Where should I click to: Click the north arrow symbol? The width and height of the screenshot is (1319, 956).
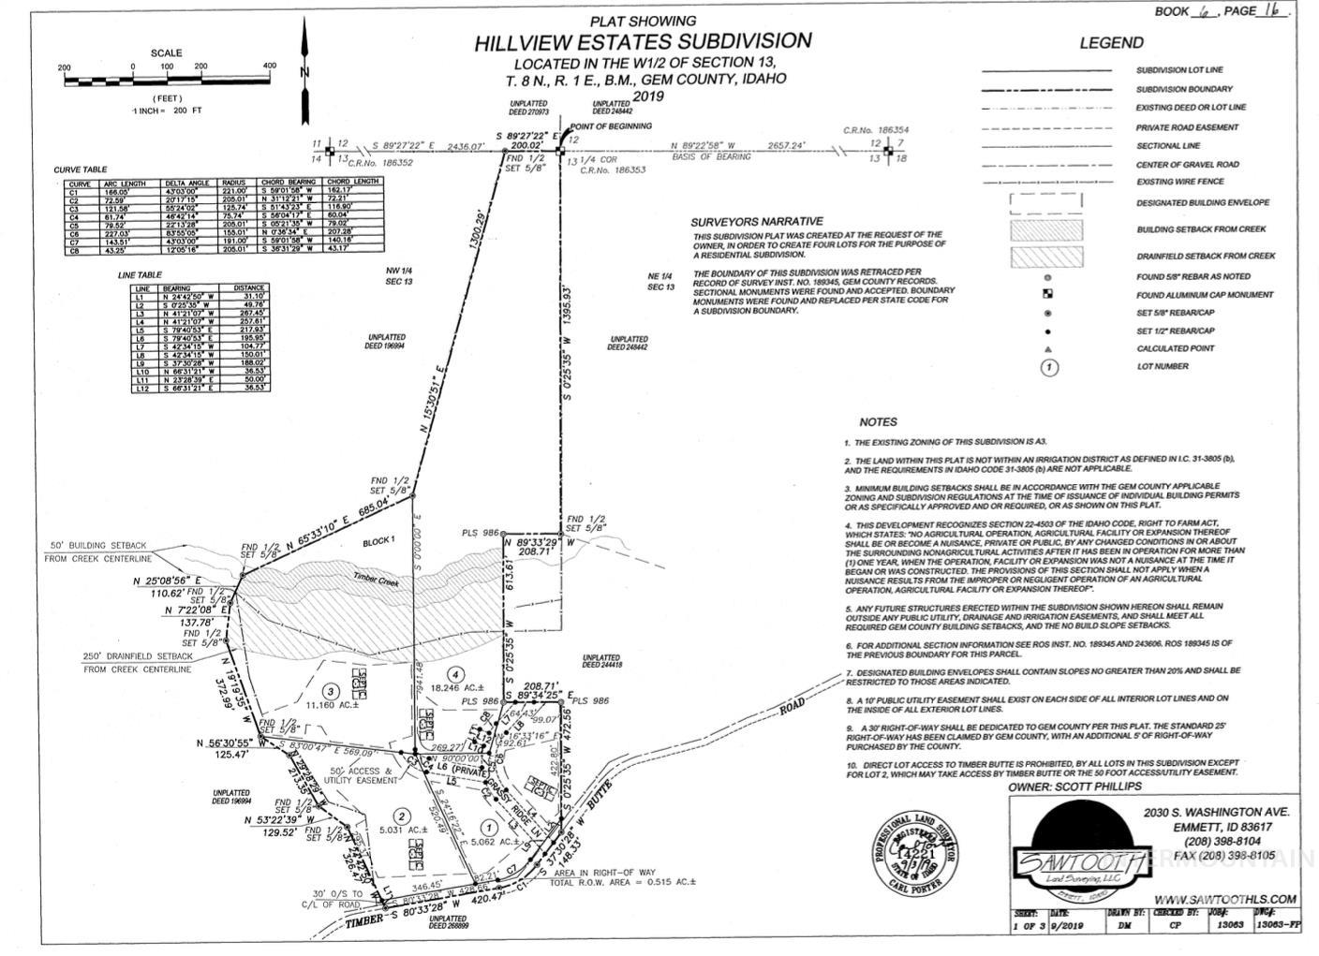pos(304,59)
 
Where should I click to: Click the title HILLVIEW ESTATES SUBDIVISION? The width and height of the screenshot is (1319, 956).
pos(642,41)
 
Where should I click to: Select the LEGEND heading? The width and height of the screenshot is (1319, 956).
pos(1111,42)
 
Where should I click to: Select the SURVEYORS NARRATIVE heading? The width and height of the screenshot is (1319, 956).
pos(757,222)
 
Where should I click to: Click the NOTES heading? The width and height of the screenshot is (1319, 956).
pos(877,422)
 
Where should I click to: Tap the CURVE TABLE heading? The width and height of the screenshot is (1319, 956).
pos(81,169)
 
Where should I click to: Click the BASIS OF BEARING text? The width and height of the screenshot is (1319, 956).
pos(711,157)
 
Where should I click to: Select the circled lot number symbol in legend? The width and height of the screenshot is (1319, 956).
pos(1048,367)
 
